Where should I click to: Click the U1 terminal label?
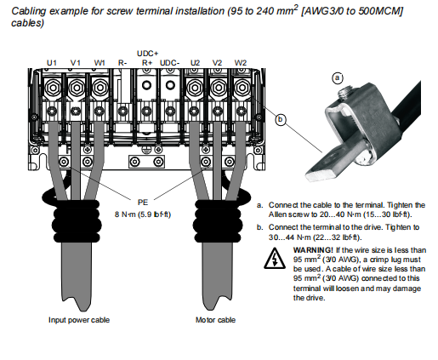coord(51,63)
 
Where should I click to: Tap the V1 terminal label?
coord(76,63)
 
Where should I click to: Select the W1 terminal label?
coord(100,63)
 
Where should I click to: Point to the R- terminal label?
coord(122,63)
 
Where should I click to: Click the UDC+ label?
coord(147,54)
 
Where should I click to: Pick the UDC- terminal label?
coord(169,63)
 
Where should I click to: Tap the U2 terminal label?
coord(195,63)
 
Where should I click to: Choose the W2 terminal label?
coord(241,63)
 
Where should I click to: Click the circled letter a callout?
coord(338,77)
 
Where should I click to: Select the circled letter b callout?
coord(281,119)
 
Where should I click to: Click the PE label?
coord(143,203)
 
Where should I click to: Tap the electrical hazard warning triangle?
coord(275,259)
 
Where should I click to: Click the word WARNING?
coord(313,250)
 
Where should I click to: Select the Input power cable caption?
coord(79,320)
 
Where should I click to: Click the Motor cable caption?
coord(215,320)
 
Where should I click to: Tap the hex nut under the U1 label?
coord(53,88)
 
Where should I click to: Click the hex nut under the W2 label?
coord(242,88)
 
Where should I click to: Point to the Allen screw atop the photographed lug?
coord(344,94)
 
